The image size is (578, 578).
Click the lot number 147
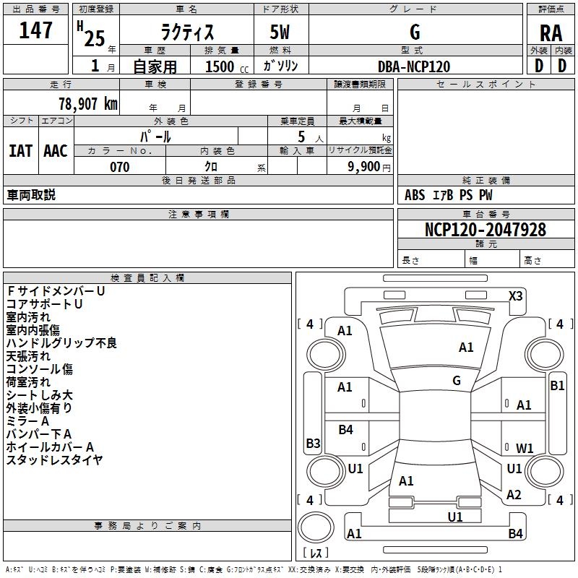[x=35, y=30]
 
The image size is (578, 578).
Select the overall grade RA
[x=551, y=33]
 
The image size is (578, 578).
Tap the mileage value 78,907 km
[x=87, y=104]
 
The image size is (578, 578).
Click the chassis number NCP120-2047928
[x=485, y=230]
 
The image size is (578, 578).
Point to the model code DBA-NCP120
[x=414, y=66]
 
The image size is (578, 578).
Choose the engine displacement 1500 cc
[x=227, y=66]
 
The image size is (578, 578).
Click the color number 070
[x=119, y=167]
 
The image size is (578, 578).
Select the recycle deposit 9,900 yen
[x=369, y=167]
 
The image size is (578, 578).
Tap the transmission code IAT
[x=21, y=151]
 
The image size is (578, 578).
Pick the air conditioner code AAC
[x=56, y=151]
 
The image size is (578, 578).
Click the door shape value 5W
[x=280, y=32]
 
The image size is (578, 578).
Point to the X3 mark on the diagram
[x=515, y=296]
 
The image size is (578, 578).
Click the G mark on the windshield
[x=457, y=381]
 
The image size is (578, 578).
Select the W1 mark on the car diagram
[x=525, y=448]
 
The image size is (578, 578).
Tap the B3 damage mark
[x=313, y=443]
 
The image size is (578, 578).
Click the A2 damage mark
[x=514, y=495]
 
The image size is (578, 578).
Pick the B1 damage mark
[x=557, y=386]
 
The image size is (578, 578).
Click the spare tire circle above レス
[x=316, y=527]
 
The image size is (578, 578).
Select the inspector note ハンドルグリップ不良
[x=61, y=342]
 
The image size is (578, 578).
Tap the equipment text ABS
[x=415, y=195]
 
